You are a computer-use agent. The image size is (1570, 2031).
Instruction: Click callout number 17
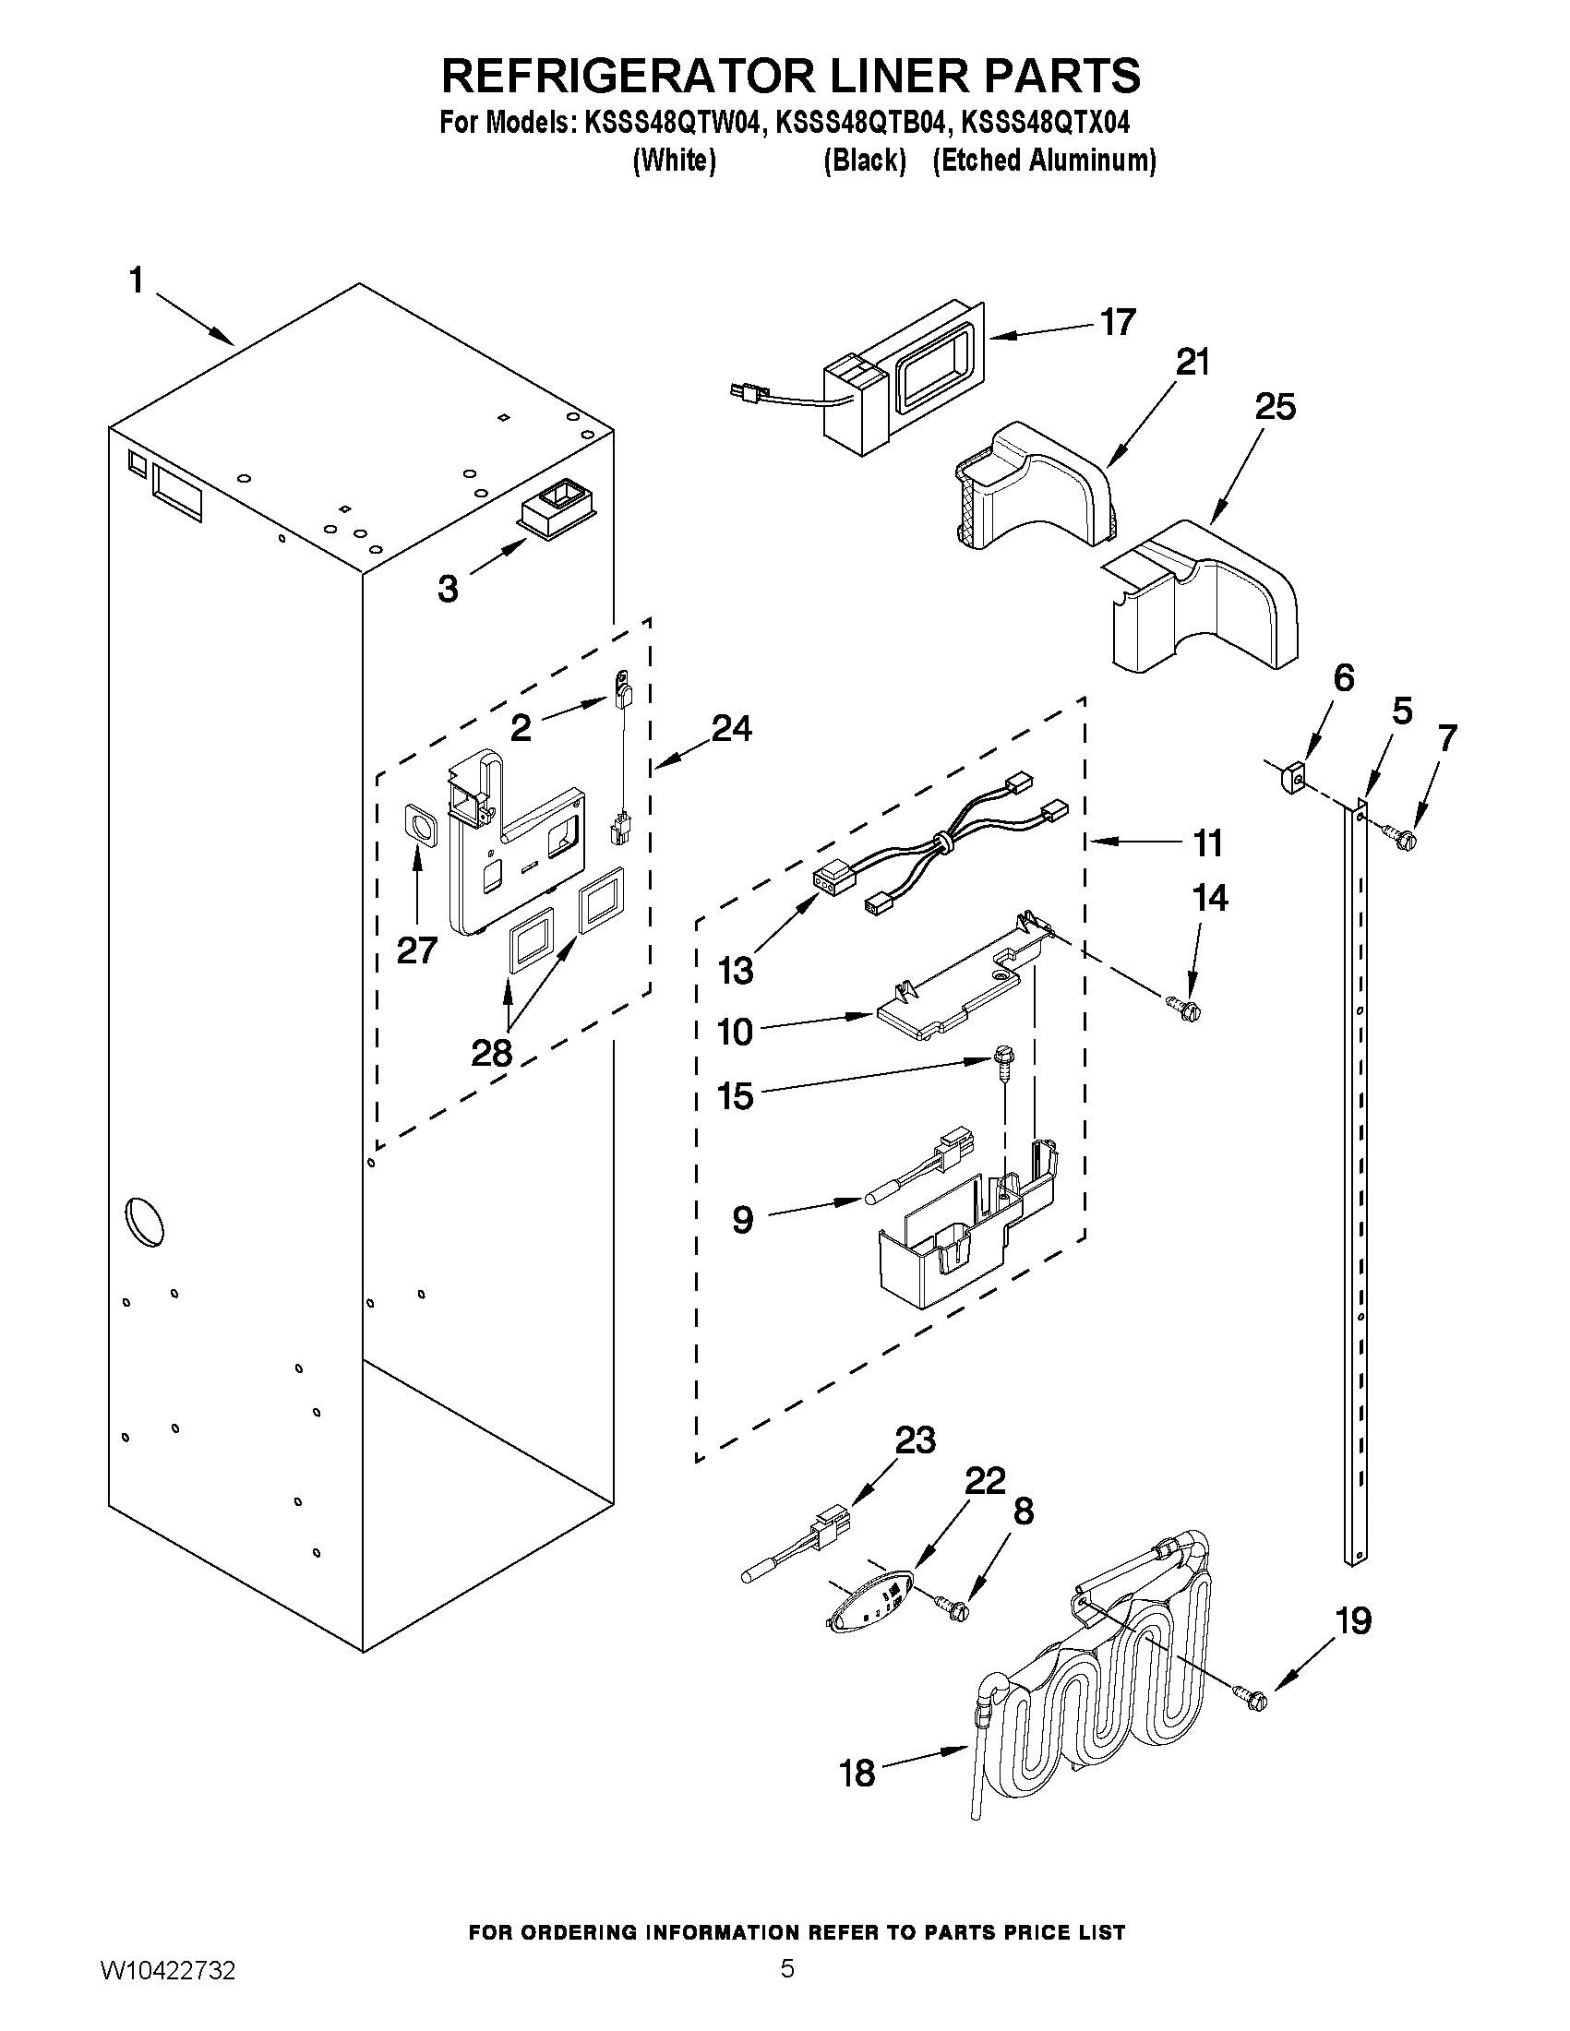(1117, 323)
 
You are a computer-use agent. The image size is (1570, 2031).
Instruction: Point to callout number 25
(1275, 407)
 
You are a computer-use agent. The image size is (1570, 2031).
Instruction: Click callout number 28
(491, 1053)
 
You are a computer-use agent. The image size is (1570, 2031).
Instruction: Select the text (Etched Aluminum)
(1044, 161)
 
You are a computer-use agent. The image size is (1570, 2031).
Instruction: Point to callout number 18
(857, 1774)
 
